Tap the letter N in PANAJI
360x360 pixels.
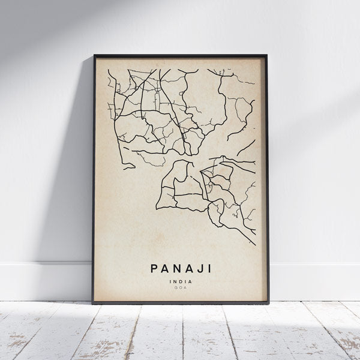[175, 265]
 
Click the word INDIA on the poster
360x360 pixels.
[180, 279]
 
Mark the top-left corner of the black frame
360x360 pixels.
[94, 56]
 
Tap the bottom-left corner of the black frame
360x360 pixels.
[93, 304]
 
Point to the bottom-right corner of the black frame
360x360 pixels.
[268, 304]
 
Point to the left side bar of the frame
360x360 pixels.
[94, 180]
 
